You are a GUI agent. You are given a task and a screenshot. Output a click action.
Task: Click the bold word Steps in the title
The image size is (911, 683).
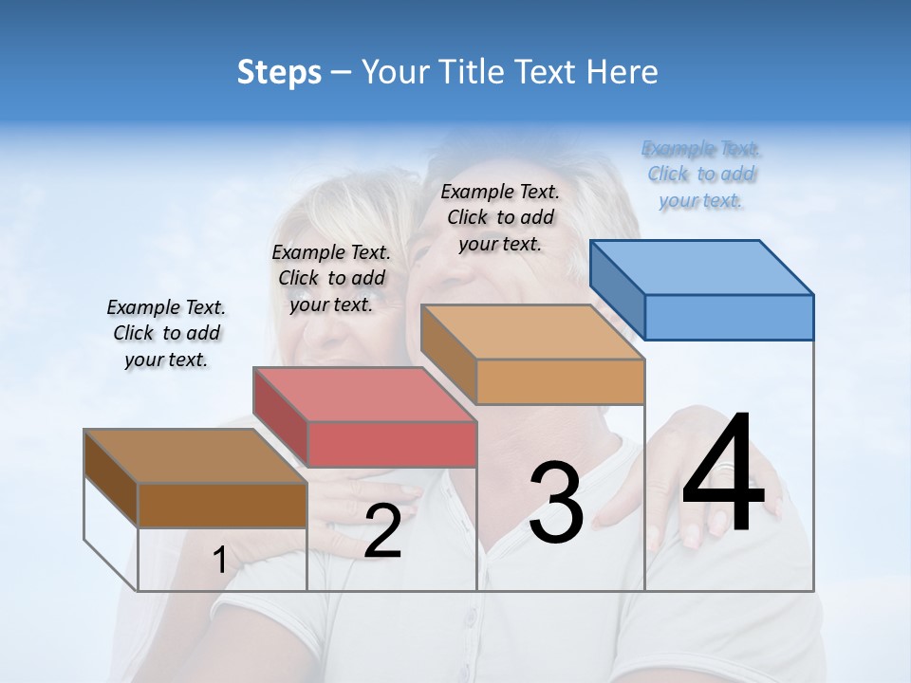279,72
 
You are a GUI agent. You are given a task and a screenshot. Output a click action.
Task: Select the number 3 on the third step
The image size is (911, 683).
555,503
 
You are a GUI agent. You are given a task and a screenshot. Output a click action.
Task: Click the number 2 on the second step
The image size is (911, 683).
382,531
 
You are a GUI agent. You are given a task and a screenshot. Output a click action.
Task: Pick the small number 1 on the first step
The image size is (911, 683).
219,560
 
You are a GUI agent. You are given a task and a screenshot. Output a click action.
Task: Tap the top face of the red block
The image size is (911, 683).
364,394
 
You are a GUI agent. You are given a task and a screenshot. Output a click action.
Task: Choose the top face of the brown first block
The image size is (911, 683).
195,456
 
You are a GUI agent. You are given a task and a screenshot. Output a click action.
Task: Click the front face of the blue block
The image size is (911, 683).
729,317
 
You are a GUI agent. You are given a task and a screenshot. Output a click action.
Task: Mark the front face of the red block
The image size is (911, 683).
392,444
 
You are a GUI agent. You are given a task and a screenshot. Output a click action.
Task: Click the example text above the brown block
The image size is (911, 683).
166,333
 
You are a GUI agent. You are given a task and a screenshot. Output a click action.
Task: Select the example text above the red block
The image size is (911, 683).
331,278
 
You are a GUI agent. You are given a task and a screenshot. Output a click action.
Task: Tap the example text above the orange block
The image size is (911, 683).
500,217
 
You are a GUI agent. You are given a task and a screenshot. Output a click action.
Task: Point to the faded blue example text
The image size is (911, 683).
701,174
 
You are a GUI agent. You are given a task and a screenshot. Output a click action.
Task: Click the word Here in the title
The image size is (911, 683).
621,72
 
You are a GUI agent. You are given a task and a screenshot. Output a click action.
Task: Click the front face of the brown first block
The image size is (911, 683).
222,506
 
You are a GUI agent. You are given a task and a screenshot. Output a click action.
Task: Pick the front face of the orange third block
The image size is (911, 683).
560,382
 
